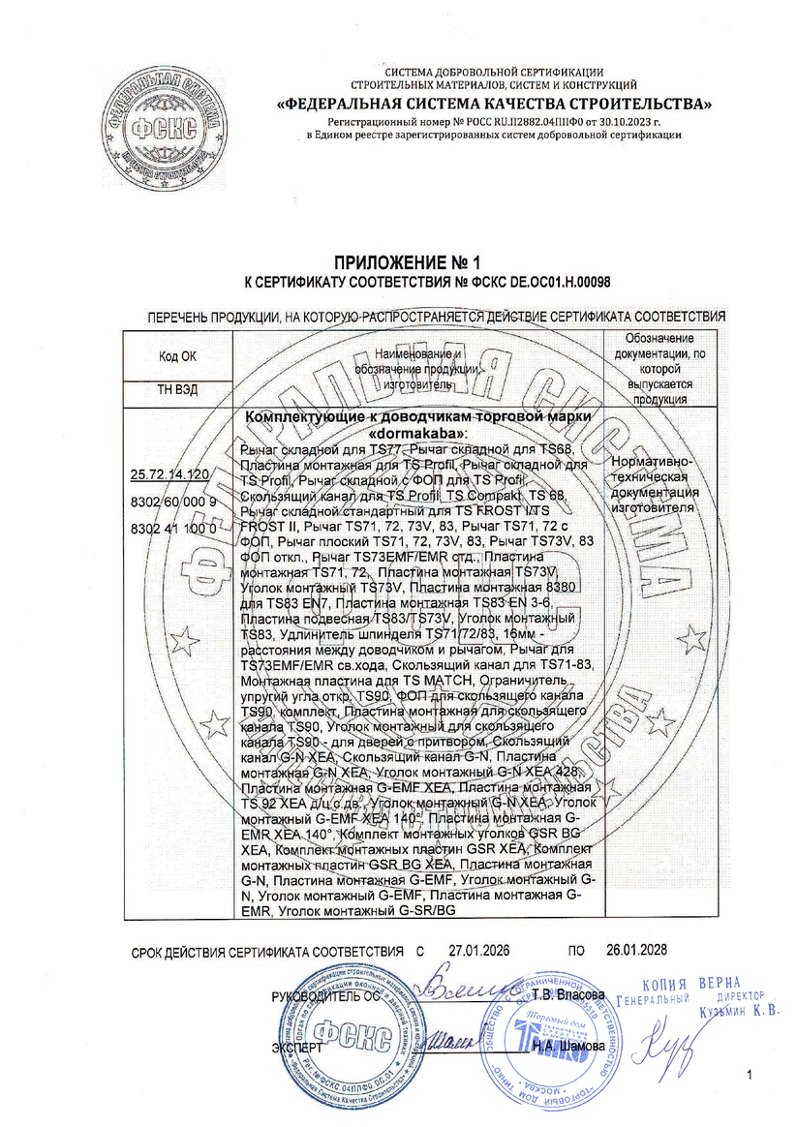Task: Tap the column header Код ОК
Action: [x=176, y=356]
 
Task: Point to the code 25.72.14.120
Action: [x=169, y=473]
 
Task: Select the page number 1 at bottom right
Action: [x=750, y=1076]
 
